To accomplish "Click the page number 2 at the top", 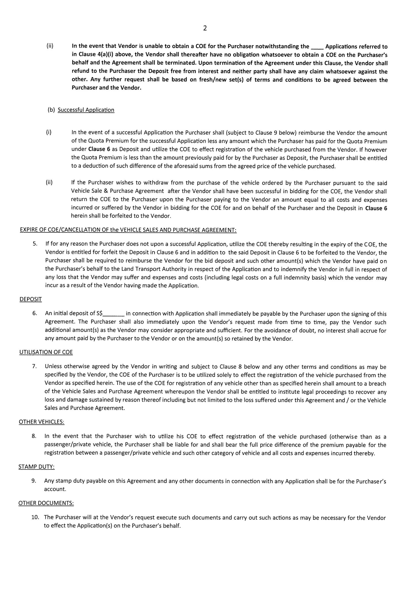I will pyautogui.click(x=205, y=28).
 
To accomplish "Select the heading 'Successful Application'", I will pyautogui.click(x=86, y=110).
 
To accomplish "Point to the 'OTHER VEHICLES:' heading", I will pyautogui.click(x=42, y=422).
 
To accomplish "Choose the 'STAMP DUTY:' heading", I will pyautogui.click(x=36, y=467).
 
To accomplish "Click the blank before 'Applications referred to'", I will pyautogui.click(x=317, y=47).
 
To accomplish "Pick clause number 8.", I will pyautogui.click(x=34, y=436).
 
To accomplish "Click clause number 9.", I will pyautogui.click(x=34, y=481).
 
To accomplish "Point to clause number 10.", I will pyautogui.click(x=35, y=517).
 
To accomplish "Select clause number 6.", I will pyautogui.click(x=35, y=313).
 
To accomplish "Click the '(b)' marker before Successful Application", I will pyautogui.click(x=51, y=110).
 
